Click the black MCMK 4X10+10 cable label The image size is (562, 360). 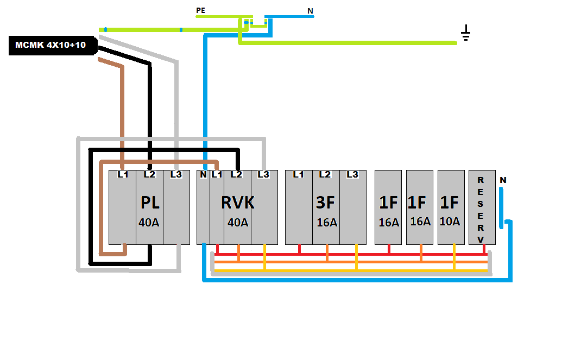(x=50, y=45)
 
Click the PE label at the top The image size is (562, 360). (x=201, y=10)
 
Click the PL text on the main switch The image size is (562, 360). (x=149, y=203)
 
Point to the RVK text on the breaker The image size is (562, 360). (x=237, y=203)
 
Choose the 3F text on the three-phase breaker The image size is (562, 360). (x=326, y=203)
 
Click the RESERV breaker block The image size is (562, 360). (x=482, y=207)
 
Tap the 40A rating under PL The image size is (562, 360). (x=149, y=222)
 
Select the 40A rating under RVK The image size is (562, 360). (x=238, y=222)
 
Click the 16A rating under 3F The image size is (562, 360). (x=327, y=222)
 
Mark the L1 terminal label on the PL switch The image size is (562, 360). (x=123, y=174)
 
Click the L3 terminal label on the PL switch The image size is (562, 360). (x=175, y=174)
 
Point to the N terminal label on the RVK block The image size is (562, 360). (x=203, y=174)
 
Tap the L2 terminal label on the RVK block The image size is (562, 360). (x=236, y=174)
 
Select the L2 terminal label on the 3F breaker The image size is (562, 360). (x=325, y=174)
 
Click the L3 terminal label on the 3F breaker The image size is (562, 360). (x=352, y=174)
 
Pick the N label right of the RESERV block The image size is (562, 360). (x=503, y=180)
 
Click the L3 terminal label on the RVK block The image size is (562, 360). (x=263, y=174)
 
